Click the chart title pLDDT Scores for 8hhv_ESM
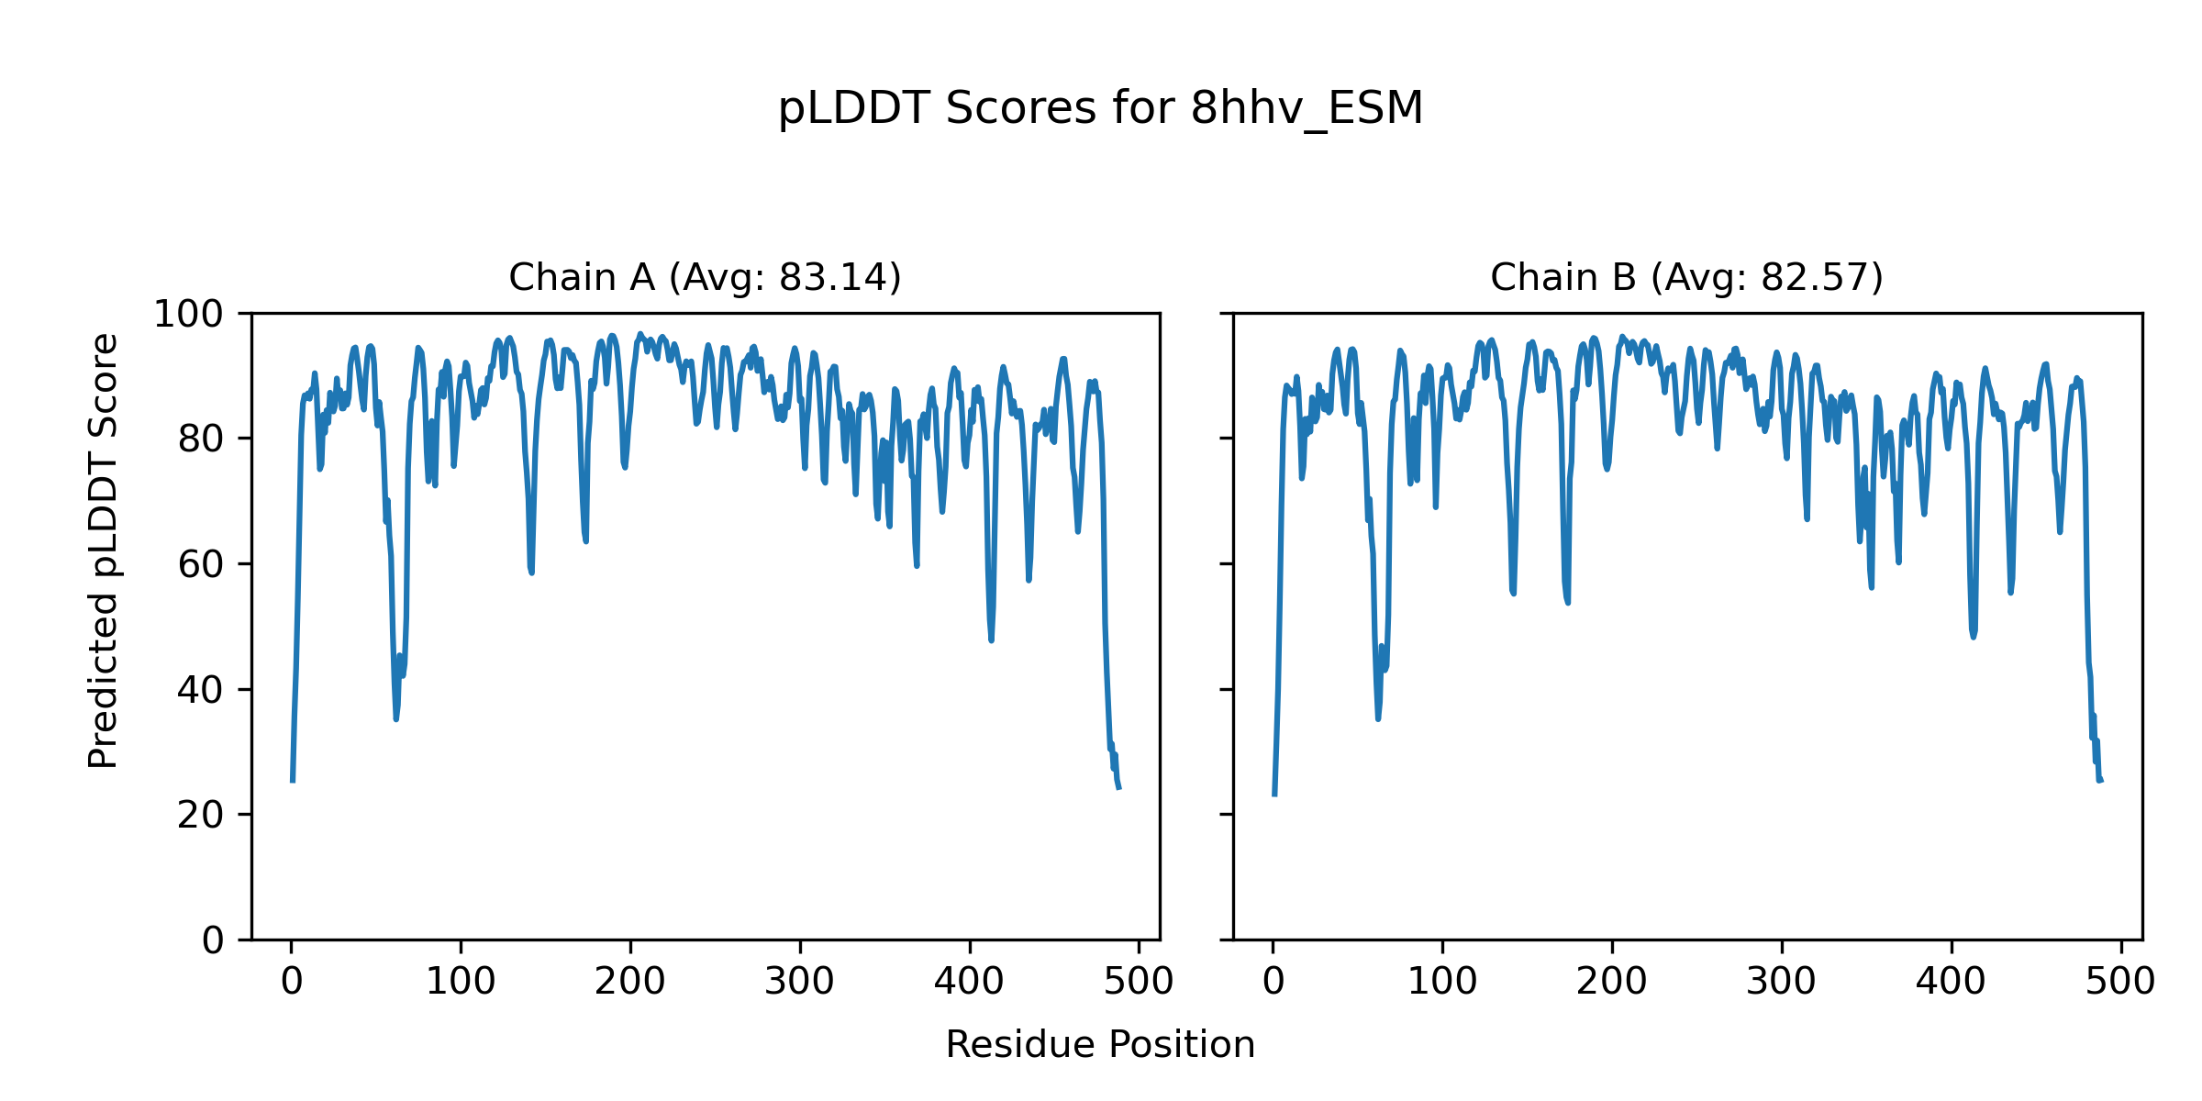(x=1100, y=109)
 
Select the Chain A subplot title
(x=705, y=277)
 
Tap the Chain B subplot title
(x=1686, y=277)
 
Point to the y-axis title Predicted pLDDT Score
(x=104, y=550)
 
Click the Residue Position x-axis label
(x=1100, y=1045)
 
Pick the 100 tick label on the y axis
(x=188, y=315)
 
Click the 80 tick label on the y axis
(x=201, y=439)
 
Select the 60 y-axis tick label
(x=201, y=565)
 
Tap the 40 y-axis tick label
(x=201, y=690)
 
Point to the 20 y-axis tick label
(x=201, y=816)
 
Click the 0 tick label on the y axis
(x=213, y=940)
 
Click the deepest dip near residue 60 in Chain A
(x=396, y=718)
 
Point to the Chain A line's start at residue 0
(x=293, y=781)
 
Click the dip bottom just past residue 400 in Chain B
(x=1974, y=637)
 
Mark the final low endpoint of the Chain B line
(x=2100, y=781)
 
